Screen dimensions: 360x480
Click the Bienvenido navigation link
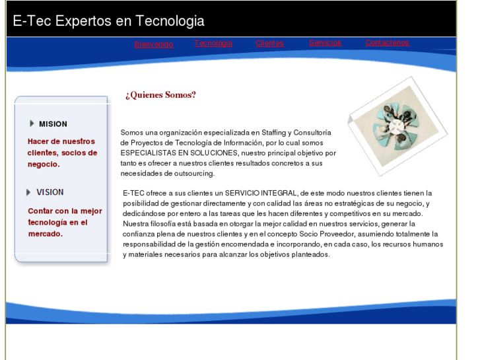point(153,44)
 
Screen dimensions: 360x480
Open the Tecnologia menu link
point(213,43)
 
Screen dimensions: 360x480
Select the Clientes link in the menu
point(269,43)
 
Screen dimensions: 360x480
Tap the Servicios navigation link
point(325,42)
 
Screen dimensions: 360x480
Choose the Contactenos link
point(387,42)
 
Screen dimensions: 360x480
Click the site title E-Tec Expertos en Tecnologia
point(109,20)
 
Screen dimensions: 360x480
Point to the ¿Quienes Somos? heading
point(160,95)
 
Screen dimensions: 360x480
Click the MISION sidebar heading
point(53,124)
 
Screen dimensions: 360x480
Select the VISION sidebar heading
point(50,192)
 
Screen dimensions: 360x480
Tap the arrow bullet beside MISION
point(32,124)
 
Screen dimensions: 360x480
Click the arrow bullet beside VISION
point(29,192)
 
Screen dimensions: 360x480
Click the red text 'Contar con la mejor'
point(65,211)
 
